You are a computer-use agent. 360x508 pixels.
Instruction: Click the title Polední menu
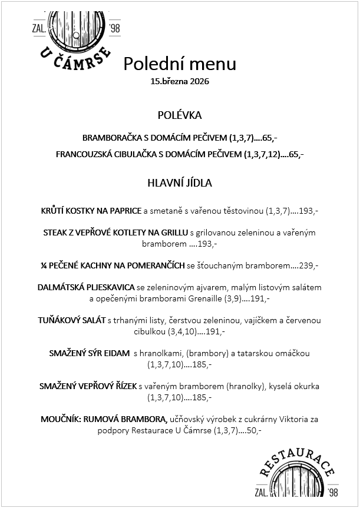(180, 64)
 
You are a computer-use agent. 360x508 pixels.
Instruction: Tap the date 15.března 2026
(180, 82)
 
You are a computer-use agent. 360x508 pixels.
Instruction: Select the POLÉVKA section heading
(180, 115)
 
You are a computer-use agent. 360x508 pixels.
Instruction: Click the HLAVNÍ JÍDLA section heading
(180, 183)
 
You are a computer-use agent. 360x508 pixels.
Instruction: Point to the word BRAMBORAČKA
(112, 138)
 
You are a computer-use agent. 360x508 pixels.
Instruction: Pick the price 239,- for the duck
(309, 265)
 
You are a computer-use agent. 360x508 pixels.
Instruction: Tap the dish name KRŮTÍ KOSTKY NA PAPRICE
(91, 210)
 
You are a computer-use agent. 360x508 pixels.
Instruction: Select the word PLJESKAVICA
(110, 288)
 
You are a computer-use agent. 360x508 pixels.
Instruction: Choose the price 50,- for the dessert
(254, 430)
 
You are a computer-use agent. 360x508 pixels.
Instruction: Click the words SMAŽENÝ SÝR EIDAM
(89, 353)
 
